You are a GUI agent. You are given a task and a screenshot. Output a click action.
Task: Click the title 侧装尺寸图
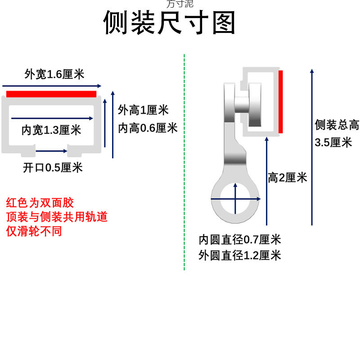(170, 23)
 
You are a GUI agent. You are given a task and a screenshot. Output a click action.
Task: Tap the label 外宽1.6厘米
(54, 74)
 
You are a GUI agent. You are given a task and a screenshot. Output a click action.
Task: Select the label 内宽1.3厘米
(51, 130)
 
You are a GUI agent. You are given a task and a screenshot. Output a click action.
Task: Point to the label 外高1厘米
(143, 110)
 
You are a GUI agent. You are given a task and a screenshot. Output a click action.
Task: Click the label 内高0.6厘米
(148, 128)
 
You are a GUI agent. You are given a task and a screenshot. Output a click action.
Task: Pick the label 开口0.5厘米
(53, 168)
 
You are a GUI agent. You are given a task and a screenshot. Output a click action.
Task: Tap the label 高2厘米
(287, 178)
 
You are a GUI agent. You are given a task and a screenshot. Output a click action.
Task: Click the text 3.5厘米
(333, 143)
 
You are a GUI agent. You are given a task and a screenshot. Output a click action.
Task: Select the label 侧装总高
(337, 125)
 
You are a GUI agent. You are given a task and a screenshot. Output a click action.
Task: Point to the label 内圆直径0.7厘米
(240, 239)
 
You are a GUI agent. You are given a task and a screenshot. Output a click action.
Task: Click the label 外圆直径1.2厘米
(240, 256)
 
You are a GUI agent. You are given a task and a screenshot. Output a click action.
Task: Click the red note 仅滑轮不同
(34, 231)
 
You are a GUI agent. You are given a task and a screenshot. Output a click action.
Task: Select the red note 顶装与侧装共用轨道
(57, 217)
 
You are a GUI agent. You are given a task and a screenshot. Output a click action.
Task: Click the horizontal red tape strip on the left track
(51, 94)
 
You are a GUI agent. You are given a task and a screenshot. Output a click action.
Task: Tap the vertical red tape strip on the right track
(280, 102)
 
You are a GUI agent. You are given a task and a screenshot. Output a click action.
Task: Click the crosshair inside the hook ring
(235, 198)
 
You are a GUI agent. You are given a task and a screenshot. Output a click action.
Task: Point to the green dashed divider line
(184, 162)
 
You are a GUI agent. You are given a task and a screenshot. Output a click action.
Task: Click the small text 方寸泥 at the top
(180, 4)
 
